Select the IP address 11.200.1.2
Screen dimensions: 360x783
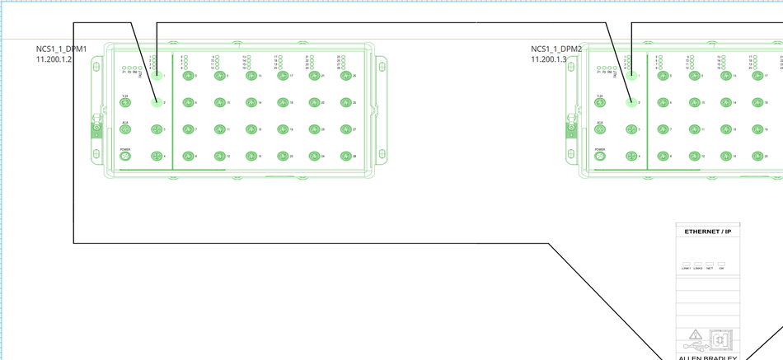point(54,59)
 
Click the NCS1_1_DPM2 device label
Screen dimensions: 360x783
point(556,49)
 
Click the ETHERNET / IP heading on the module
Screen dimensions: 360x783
point(707,232)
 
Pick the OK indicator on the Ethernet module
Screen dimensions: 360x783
point(721,264)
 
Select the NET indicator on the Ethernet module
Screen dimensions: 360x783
point(710,264)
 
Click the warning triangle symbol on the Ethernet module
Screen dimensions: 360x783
point(696,335)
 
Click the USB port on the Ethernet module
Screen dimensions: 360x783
point(720,339)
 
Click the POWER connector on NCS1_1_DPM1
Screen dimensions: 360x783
point(125,156)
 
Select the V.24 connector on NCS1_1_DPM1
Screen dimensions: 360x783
point(125,102)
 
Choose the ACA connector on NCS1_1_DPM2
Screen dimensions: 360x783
point(601,129)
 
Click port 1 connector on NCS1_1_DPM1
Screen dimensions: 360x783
point(156,76)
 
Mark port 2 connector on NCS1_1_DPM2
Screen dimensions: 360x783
point(631,102)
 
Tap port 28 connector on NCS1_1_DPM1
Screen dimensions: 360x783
point(345,156)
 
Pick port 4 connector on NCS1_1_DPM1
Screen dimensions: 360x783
point(156,156)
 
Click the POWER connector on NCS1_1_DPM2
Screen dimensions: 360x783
point(601,156)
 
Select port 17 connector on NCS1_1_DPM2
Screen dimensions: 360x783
point(757,76)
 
